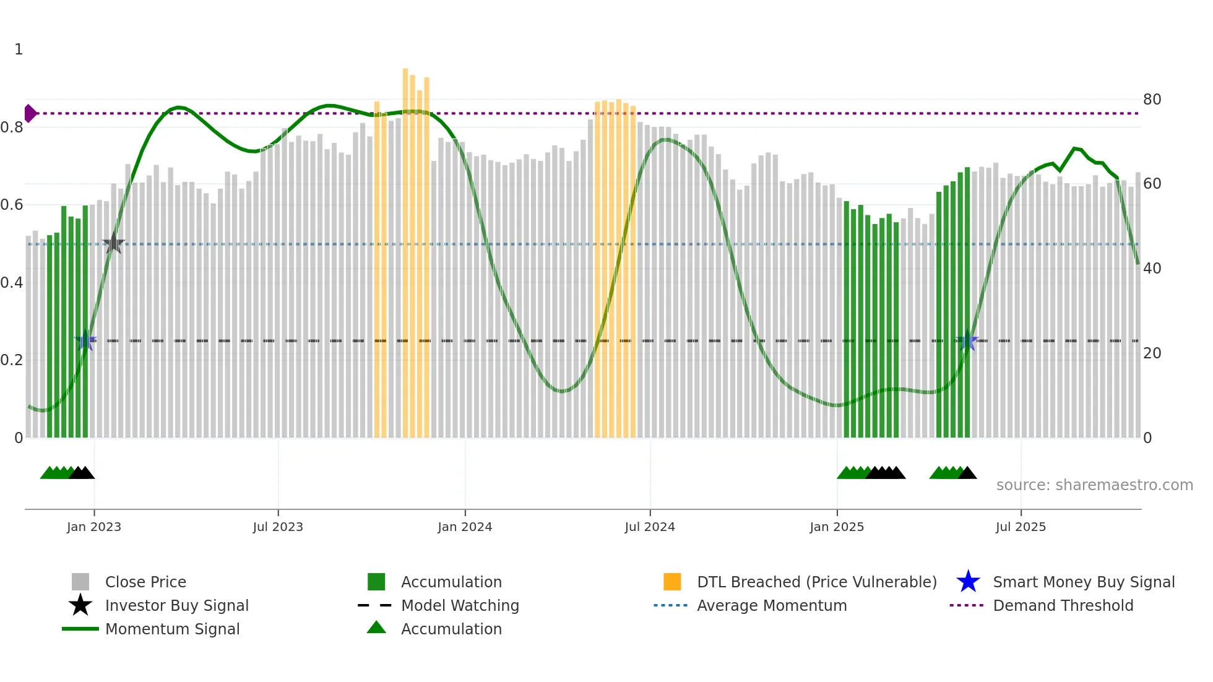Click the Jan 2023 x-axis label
[94, 527]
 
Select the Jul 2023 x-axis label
[278, 527]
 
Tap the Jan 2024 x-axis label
[465, 527]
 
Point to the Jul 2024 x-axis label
[650, 527]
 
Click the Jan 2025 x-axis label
[837, 527]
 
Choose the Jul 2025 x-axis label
[1021, 527]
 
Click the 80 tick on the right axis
[1152, 100]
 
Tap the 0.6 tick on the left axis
[12, 205]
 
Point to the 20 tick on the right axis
[1152, 353]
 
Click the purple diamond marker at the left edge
[30, 113]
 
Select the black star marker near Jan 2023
[113, 243]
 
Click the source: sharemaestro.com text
[1094, 485]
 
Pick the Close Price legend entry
[145, 582]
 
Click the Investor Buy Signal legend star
[80, 605]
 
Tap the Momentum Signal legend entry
[172, 629]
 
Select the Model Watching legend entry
[460, 605]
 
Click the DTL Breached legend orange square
[672, 582]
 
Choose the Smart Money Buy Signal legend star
[968, 582]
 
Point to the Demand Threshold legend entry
[1063, 605]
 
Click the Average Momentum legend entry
[772, 605]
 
